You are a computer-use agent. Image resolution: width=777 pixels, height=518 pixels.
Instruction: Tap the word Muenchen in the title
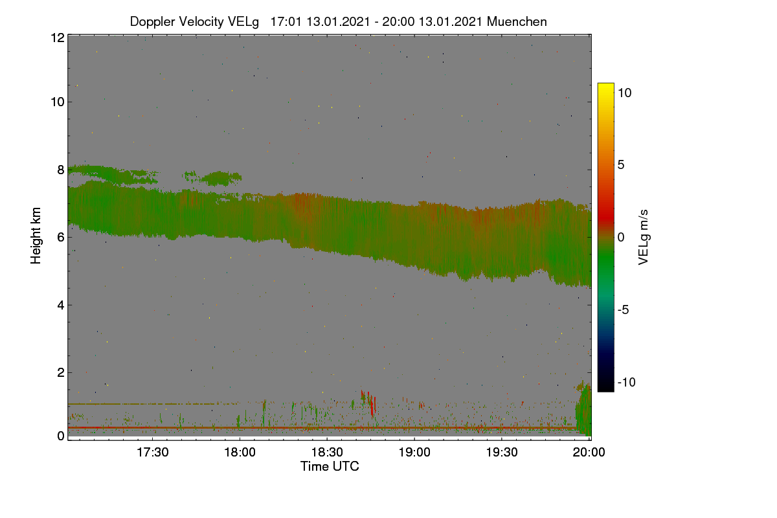coord(517,21)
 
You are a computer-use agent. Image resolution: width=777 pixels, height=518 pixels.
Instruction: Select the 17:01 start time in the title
coord(286,21)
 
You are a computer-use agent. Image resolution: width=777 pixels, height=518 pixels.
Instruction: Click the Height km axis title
coord(36,236)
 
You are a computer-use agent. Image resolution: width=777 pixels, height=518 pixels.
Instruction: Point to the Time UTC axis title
coord(330,466)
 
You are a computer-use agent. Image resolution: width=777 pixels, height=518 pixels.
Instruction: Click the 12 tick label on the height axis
coord(58,38)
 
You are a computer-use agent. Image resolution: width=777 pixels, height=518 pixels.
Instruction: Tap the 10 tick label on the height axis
coord(58,102)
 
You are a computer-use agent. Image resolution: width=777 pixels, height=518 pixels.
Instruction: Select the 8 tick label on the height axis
coord(61,170)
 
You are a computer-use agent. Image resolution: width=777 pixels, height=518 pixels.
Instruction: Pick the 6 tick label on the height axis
coord(61,238)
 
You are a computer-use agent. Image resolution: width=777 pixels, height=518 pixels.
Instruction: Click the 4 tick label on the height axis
coord(61,306)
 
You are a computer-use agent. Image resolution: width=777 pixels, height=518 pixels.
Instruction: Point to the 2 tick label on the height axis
coord(61,372)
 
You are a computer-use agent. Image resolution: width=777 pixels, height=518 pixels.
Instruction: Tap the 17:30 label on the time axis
coord(153,452)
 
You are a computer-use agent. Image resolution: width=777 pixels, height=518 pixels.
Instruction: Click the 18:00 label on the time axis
coord(240,452)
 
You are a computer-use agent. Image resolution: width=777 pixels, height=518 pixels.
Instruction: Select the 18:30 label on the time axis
coord(327,452)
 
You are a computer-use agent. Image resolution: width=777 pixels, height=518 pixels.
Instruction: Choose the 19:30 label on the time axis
coord(502,452)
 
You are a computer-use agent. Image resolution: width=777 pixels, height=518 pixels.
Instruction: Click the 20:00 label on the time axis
coord(589,452)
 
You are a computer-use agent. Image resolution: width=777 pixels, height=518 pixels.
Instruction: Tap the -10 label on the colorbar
coord(627,382)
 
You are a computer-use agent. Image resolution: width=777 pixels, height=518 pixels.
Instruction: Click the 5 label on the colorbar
coord(621,165)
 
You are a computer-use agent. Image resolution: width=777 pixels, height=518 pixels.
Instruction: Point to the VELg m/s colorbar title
coord(643,238)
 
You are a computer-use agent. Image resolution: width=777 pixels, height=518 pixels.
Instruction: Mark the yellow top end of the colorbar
coord(605,84)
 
